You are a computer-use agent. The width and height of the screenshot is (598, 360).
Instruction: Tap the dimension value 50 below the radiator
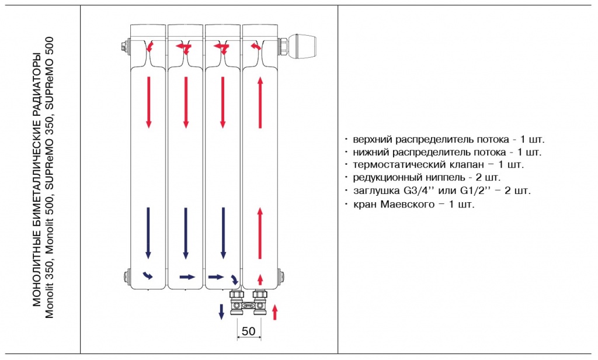click(249, 331)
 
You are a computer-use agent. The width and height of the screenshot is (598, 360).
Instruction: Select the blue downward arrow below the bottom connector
click(221, 311)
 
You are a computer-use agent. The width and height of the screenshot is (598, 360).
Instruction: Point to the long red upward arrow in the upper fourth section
click(260, 103)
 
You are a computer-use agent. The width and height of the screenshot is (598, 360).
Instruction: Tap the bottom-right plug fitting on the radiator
click(282, 275)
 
